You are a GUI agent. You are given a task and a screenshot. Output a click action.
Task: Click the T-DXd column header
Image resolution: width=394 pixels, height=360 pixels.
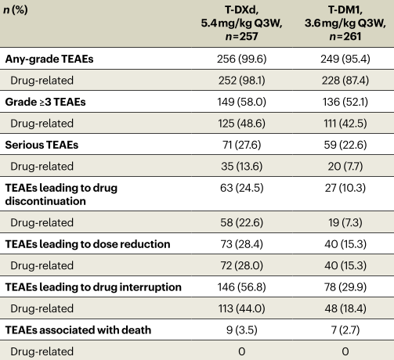click(241, 23)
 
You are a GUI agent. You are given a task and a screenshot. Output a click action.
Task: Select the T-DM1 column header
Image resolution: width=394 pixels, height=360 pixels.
click(345, 23)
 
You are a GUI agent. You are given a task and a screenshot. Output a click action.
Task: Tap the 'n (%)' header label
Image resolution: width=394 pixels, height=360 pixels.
click(16, 10)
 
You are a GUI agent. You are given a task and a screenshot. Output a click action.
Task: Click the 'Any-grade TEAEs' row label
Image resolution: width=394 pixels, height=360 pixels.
click(49, 59)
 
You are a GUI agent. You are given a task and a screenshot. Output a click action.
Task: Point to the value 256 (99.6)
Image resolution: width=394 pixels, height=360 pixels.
click(241, 59)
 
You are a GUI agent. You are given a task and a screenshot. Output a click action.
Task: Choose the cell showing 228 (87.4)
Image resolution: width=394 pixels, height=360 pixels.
click(345, 81)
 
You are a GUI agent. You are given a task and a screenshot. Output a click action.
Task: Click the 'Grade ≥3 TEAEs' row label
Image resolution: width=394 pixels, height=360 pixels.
click(45, 102)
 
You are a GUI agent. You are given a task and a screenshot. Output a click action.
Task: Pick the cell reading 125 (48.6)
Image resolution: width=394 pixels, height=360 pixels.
click(241, 124)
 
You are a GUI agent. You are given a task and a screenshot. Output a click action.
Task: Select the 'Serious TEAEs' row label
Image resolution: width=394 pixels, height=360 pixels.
click(42, 145)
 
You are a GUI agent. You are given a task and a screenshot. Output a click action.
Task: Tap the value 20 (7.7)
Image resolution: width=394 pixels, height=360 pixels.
click(345, 167)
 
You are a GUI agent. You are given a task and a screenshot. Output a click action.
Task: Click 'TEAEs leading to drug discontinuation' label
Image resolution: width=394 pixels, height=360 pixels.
click(61, 194)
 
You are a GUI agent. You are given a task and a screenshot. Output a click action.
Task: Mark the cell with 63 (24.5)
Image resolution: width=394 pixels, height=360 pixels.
click(241, 188)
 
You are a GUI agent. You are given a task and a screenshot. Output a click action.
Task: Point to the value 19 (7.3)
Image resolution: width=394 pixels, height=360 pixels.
click(345, 222)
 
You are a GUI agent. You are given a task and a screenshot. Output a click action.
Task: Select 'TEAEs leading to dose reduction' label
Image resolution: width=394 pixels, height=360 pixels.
click(88, 244)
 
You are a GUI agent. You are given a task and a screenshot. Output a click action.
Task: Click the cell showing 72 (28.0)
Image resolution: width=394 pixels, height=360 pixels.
click(241, 265)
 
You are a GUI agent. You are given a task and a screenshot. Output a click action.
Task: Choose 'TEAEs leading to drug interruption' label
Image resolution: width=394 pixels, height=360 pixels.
click(93, 287)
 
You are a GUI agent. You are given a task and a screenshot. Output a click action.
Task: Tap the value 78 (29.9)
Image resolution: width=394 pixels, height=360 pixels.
click(345, 287)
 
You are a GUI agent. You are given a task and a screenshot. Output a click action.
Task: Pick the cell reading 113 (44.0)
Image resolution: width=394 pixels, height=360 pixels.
click(241, 308)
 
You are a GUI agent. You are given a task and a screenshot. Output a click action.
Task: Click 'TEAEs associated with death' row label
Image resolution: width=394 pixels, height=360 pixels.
click(78, 330)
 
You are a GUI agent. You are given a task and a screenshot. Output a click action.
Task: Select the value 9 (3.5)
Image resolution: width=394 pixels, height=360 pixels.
click(241, 330)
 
